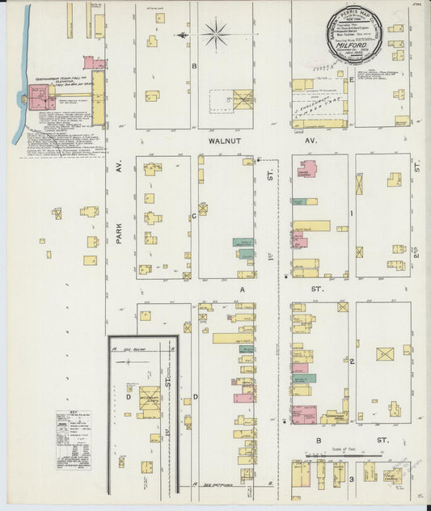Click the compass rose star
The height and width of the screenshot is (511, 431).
(215, 34)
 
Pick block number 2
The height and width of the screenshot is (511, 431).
(353, 361)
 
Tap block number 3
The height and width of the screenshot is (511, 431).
(353, 480)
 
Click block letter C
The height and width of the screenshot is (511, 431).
(194, 216)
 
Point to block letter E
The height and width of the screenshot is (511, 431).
(352, 81)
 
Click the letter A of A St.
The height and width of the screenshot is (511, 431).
(241, 288)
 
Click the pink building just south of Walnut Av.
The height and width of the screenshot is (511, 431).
(307, 169)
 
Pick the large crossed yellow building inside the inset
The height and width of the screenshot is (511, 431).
(149, 402)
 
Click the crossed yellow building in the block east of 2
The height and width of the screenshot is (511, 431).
(386, 353)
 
